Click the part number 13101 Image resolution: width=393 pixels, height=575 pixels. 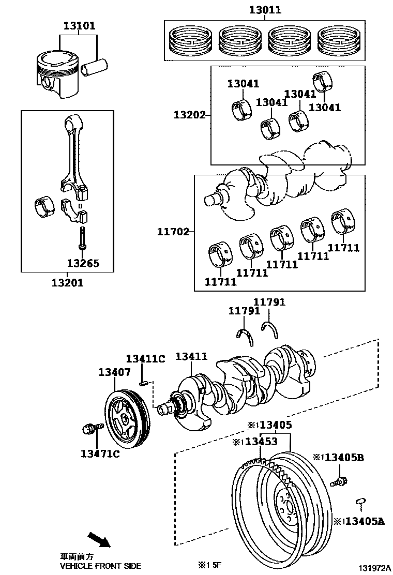(x=79, y=26)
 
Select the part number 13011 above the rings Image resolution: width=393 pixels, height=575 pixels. (x=265, y=10)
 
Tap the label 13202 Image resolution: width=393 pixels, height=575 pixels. (x=189, y=115)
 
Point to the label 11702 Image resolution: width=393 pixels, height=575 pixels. (x=173, y=232)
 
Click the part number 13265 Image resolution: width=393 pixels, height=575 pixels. (x=83, y=263)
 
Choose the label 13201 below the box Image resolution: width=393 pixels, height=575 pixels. (x=67, y=283)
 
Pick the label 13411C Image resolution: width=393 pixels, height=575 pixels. (x=145, y=359)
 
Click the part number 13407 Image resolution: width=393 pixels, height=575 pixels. (x=114, y=372)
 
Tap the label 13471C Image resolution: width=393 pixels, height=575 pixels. (x=100, y=453)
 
